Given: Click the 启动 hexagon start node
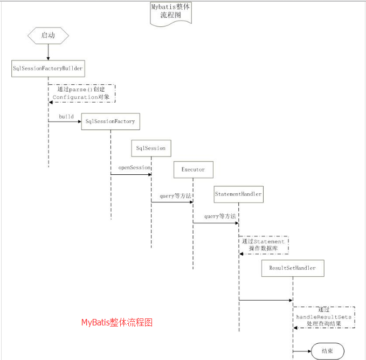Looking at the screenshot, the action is [48, 36].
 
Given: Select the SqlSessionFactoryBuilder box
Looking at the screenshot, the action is [48, 69].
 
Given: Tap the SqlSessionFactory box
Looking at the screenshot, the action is [111, 121].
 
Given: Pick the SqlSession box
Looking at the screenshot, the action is [151, 148].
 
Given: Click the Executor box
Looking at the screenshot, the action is [194, 169].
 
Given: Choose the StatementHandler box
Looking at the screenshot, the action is [239, 194].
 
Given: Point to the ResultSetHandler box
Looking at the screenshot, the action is [293, 268].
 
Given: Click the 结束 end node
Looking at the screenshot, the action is [328, 351].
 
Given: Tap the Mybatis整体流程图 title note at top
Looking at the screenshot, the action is [171, 13].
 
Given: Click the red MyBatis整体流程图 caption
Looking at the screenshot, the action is [117, 323].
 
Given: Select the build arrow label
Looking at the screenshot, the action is [66, 117].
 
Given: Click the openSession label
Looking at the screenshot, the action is [134, 168].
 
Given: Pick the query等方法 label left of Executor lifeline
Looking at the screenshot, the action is [176, 196].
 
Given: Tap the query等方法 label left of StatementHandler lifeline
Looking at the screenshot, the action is [220, 216].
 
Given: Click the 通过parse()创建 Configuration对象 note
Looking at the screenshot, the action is [82, 93].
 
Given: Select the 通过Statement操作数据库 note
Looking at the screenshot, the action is [264, 245].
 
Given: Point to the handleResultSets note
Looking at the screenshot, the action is [324, 317].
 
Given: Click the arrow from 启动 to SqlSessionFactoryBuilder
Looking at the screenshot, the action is [49, 52].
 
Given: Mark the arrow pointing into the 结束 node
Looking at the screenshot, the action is [302, 351].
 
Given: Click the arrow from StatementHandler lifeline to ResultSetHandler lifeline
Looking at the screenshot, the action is [266, 300].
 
